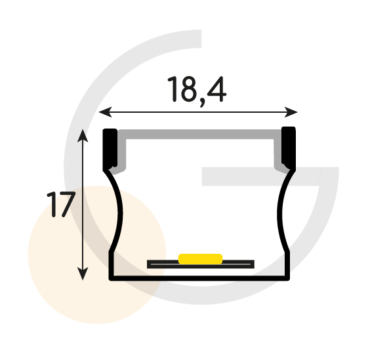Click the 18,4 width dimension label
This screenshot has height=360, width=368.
pos(197,90)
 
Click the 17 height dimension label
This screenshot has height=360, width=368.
pos(61,204)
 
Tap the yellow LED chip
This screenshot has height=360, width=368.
pos(200,259)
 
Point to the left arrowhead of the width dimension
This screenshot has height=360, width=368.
pos(105,112)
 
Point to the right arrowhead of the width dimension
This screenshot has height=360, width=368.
pos(291,112)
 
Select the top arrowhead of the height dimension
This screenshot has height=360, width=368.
pos(83,136)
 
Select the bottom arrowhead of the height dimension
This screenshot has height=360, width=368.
pos(83,273)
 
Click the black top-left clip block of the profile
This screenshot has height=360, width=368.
pos(110,148)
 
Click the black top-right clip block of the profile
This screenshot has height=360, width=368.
pos(289,147)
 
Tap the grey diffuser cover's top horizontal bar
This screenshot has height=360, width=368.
pos(199,134)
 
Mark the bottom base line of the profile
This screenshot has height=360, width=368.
pos(199,278)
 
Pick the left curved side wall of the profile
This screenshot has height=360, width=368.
pos(116,211)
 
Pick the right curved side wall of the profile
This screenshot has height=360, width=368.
pos(283,211)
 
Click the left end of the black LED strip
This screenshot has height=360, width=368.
pos(148,264)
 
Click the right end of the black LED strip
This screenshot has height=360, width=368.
pos(253,264)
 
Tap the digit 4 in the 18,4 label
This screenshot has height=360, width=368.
pos(216,89)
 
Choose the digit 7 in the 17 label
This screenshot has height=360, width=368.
pos(67,204)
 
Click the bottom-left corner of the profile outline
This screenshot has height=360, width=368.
pos(111,279)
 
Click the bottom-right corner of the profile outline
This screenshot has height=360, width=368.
pos(288,279)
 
